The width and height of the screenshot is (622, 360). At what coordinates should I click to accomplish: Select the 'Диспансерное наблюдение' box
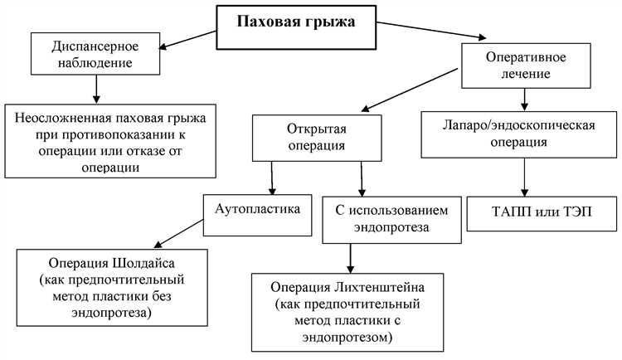tap(96, 53)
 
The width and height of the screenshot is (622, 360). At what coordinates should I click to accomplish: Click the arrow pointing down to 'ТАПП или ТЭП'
tap(524, 176)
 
